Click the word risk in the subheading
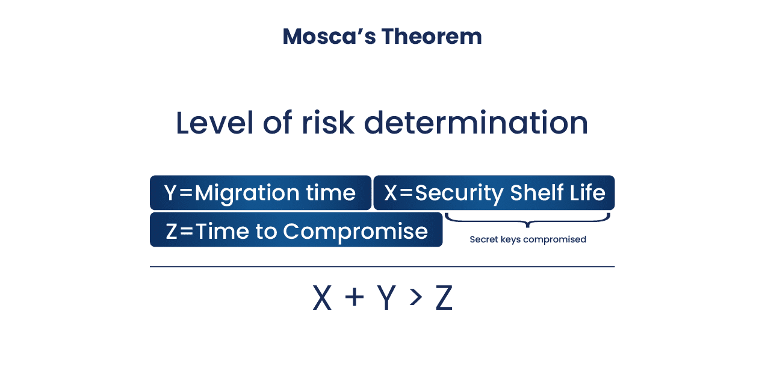pyautogui.click(x=328, y=123)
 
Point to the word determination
pyautogui.click(x=476, y=123)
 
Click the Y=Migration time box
pyautogui.click(x=260, y=193)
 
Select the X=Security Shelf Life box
pyautogui.click(x=494, y=193)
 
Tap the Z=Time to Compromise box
pyautogui.click(x=296, y=231)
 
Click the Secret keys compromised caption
pyautogui.click(x=528, y=239)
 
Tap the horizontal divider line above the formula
pyautogui.click(x=382, y=266)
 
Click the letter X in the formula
pyautogui.click(x=322, y=298)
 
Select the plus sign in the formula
pyautogui.click(x=355, y=298)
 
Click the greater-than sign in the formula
pyautogui.click(x=414, y=298)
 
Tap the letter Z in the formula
pyautogui.click(x=444, y=298)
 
